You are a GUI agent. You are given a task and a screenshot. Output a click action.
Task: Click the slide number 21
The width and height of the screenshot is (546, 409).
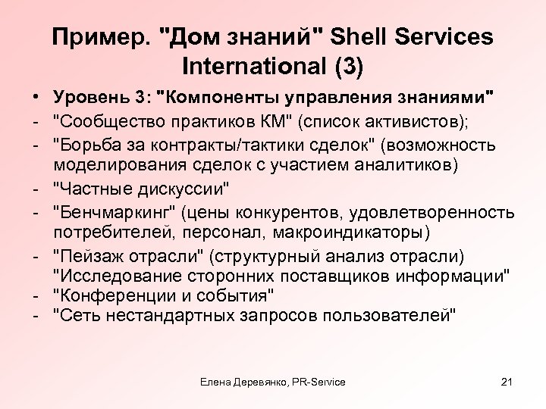[x=508, y=382]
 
